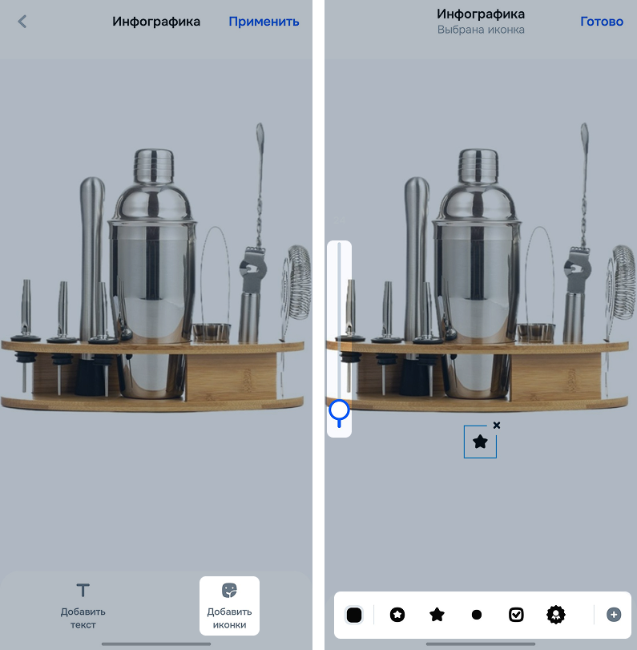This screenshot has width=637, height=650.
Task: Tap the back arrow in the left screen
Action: pyautogui.click(x=22, y=22)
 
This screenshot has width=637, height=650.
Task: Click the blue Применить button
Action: pyautogui.click(x=264, y=22)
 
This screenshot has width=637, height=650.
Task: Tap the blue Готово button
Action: pyautogui.click(x=602, y=22)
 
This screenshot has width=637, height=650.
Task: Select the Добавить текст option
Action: pyautogui.click(x=83, y=605)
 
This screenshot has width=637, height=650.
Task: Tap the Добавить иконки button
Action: pyautogui.click(x=229, y=606)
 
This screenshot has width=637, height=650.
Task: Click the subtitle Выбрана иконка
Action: pyautogui.click(x=481, y=30)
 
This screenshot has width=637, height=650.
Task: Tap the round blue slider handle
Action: pyautogui.click(x=340, y=410)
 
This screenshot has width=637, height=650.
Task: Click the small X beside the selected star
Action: pyautogui.click(x=497, y=426)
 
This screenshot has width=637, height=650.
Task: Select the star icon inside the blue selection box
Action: pyautogui.click(x=480, y=442)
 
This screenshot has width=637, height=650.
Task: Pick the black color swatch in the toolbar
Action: pyautogui.click(x=354, y=615)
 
